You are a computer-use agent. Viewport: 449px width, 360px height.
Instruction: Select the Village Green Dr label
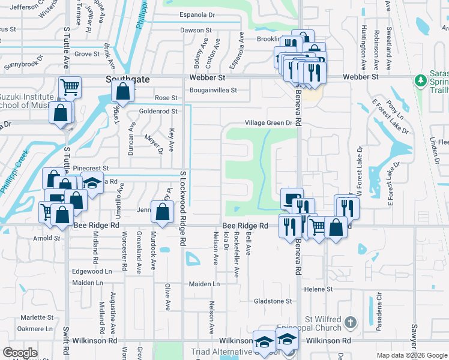point(268,123)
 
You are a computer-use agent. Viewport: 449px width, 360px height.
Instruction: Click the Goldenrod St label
point(158,111)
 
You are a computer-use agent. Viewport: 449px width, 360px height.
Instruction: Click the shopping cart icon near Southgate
point(70,88)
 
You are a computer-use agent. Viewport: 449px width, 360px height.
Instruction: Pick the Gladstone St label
point(273,301)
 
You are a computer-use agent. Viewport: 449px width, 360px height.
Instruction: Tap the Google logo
point(20,353)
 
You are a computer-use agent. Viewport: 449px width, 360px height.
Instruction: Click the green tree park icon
point(421,80)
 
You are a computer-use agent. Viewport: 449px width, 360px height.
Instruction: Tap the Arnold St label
point(47,238)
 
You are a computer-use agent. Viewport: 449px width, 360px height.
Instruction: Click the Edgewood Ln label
point(92,271)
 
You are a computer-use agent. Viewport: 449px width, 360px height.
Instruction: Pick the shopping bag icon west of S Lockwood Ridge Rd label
point(163,211)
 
